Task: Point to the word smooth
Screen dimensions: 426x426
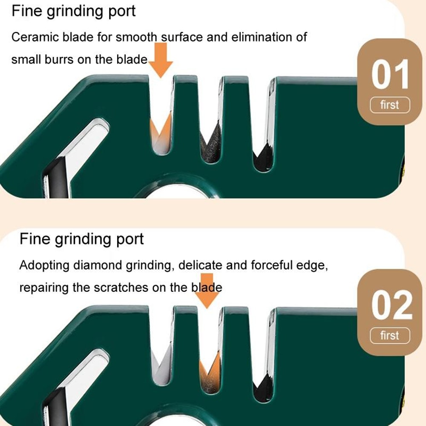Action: click(136, 37)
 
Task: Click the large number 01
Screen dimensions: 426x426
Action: click(390, 75)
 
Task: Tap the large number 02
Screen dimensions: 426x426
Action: click(391, 306)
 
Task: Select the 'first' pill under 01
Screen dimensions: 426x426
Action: click(389, 105)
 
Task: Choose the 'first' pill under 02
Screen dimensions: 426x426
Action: click(389, 336)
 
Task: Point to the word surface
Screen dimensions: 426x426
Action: click(182, 37)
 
